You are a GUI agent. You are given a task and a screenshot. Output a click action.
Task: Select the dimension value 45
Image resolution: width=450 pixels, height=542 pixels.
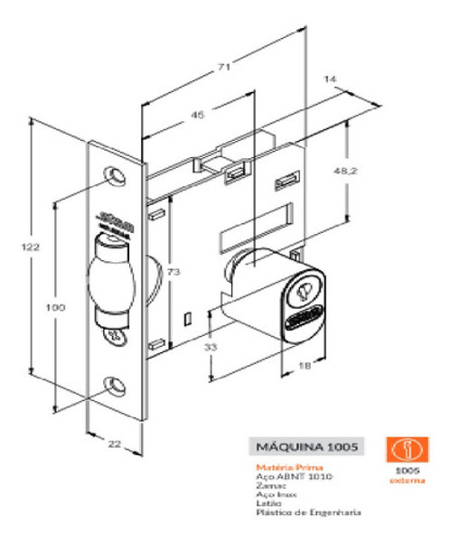(x=197, y=114)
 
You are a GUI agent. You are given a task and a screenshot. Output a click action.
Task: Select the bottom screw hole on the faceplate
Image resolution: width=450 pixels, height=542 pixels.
(x=115, y=384)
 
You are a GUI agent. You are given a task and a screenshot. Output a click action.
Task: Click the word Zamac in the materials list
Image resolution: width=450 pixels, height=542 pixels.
(x=270, y=485)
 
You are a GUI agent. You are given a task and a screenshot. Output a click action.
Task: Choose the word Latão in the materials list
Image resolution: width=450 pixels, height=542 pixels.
(x=269, y=502)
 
